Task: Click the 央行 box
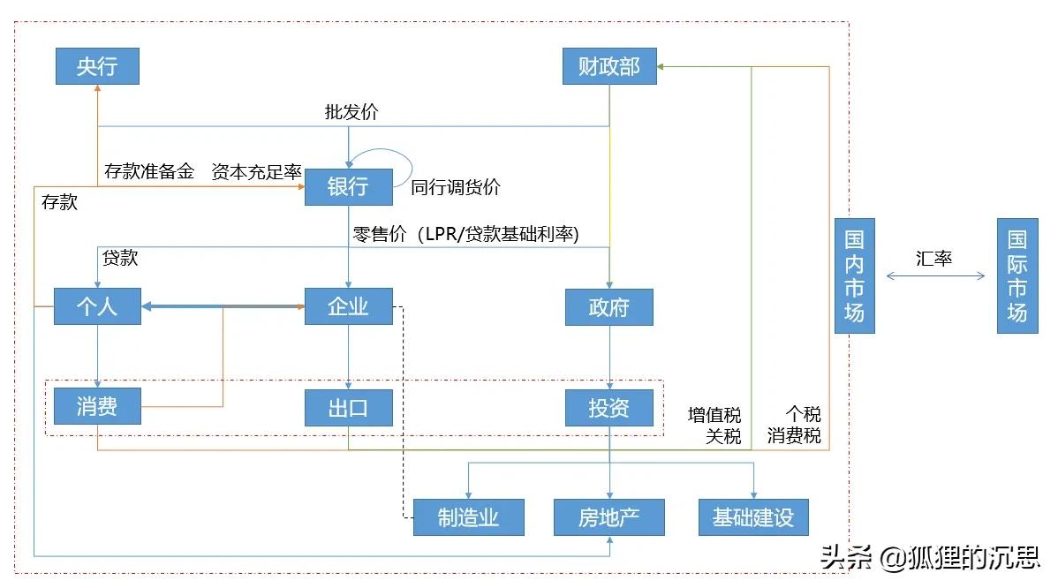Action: coord(97,66)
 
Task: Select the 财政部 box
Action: coord(609,66)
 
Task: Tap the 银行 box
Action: coord(348,187)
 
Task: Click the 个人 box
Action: coord(97,306)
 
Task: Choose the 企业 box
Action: coord(348,306)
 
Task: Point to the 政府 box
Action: coord(609,308)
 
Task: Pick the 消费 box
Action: coord(97,407)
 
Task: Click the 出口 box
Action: coord(348,408)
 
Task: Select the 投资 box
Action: coord(609,408)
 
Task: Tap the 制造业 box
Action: coord(468,517)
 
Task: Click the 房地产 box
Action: coord(609,517)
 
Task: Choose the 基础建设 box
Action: coord(753,517)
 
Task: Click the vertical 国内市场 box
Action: coord(854,276)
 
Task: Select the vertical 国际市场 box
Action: coord(1017,276)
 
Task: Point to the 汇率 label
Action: coord(934,260)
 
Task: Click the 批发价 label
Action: coord(351,112)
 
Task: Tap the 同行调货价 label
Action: coord(456,187)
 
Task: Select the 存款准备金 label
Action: coord(149,171)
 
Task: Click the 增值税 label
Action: coord(714,415)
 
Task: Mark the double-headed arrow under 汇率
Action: coord(935,276)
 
